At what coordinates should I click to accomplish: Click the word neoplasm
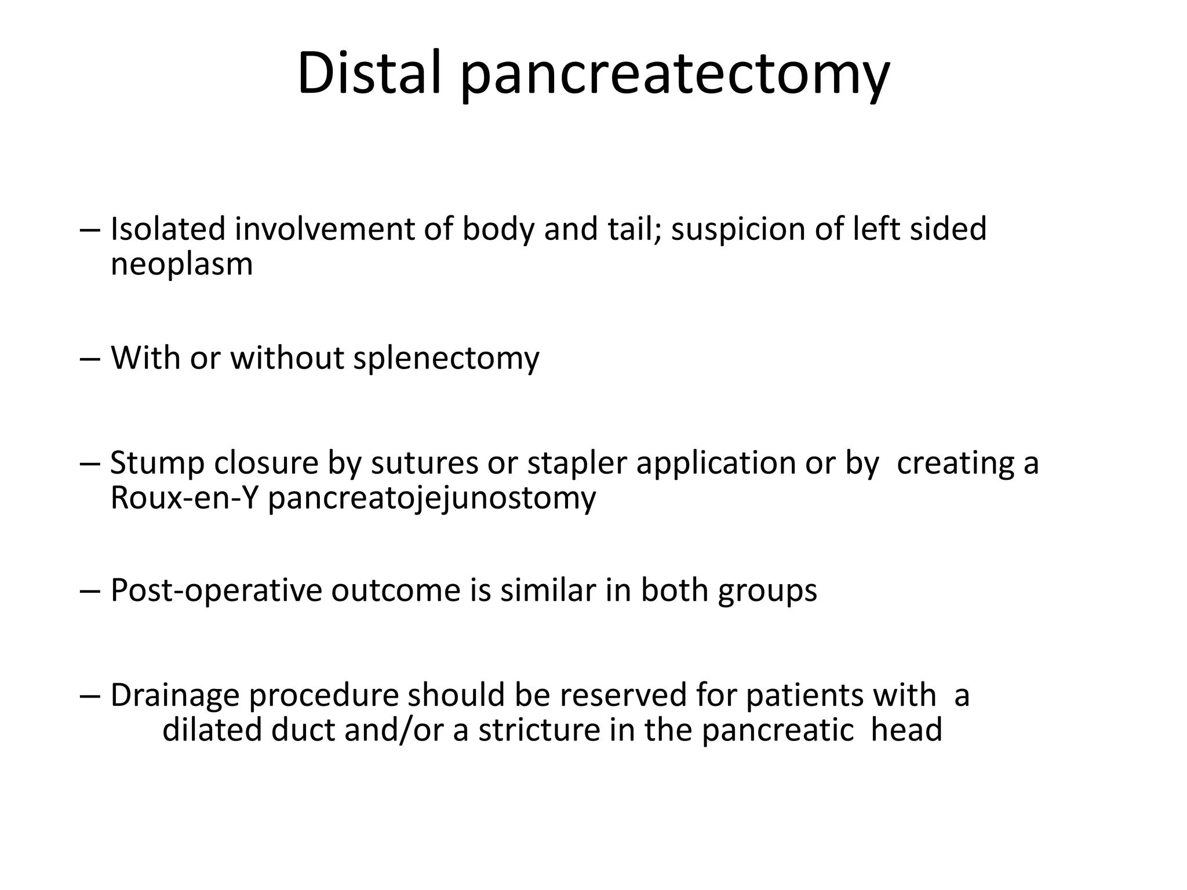coord(181,265)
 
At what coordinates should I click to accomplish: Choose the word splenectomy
coord(446,358)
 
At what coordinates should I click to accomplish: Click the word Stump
coord(156,464)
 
